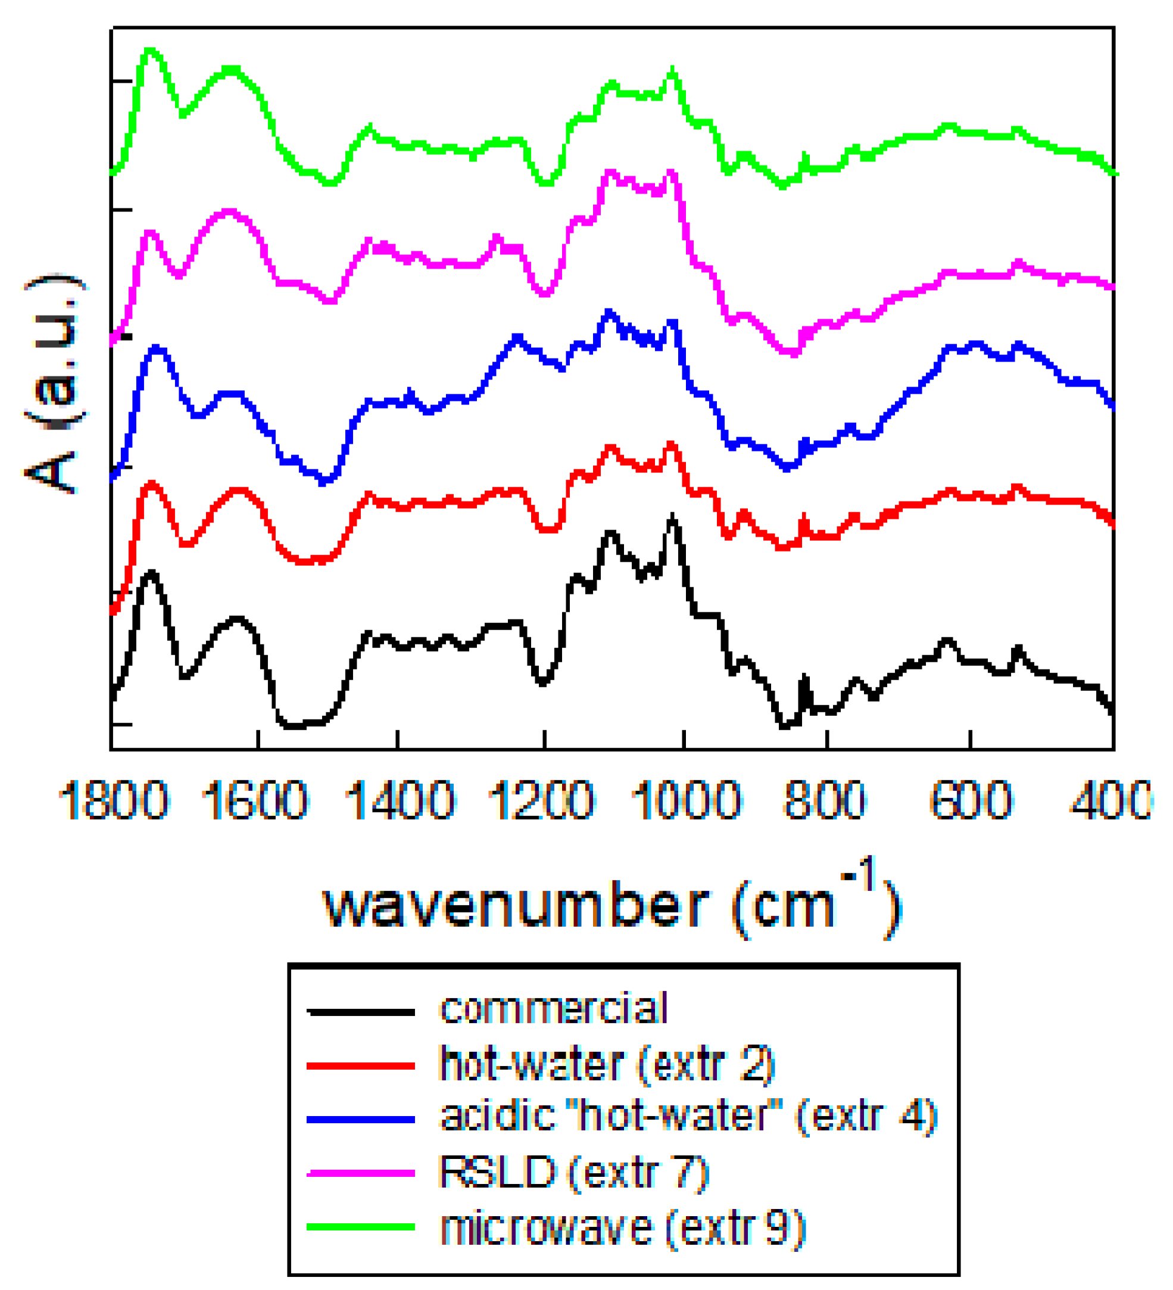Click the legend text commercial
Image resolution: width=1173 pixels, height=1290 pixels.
coord(554,1009)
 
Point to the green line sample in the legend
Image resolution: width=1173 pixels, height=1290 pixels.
coord(361,1227)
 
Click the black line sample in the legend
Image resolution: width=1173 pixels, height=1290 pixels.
coord(361,1012)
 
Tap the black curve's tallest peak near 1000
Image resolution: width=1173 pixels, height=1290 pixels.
coord(672,516)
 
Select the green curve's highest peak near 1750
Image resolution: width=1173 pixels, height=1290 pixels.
coord(149,50)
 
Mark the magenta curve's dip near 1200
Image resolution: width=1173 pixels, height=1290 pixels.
coord(544,294)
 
